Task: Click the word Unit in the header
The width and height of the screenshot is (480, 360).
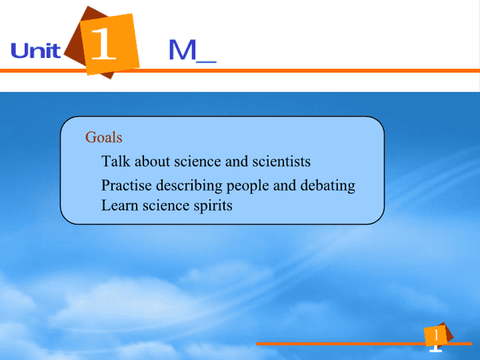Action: pyautogui.click(x=36, y=51)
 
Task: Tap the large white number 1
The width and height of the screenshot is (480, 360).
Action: pyautogui.click(x=103, y=43)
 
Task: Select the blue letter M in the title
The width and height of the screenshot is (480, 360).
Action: pyautogui.click(x=183, y=49)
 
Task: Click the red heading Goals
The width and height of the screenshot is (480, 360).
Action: pyautogui.click(x=104, y=137)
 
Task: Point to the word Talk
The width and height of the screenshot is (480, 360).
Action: pyautogui.click(x=116, y=161)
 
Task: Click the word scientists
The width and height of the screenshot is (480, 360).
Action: pyautogui.click(x=281, y=161)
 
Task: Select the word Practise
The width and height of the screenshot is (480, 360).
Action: pyautogui.click(x=127, y=185)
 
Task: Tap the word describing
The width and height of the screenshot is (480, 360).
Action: pyautogui.click(x=189, y=186)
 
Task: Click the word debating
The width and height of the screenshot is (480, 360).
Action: pyautogui.click(x=328, y=186)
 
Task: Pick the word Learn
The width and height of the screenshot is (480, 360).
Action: pyautogui.click(x=120, y=205)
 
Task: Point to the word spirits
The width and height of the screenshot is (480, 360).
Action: pyautogui.click(x=213, y=206)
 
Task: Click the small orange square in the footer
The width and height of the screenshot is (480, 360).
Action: pyautogui.click(x=435, y=335)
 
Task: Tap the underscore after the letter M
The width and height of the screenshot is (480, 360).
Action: pyautogui.click(x=206, y=62)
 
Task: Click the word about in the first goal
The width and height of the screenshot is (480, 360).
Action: pyautogui.click(x=152, y=161)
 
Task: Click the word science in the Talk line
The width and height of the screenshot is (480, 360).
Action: pyautogui.click(x=197, y=161)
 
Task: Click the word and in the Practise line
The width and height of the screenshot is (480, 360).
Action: pyautogui.click(x=285, y=185)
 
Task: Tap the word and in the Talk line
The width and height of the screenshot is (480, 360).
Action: pyautogui.click(x=237, y=161)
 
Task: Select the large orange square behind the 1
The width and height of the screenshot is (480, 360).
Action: pyautogui.click(x=109, y=44)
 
